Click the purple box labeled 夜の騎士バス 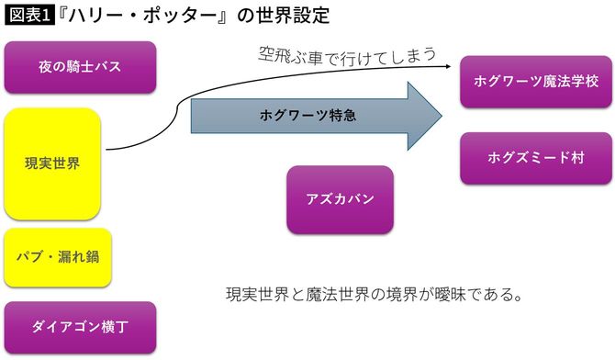[x=81, y=67]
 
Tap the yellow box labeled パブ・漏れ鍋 [x=58, y=254]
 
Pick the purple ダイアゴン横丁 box [x=81, y=327]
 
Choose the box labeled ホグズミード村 [x=536, y=158]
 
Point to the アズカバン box [x=340, y=199]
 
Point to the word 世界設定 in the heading [x=295, y=16]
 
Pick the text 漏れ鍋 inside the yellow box [x=87, y=254]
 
